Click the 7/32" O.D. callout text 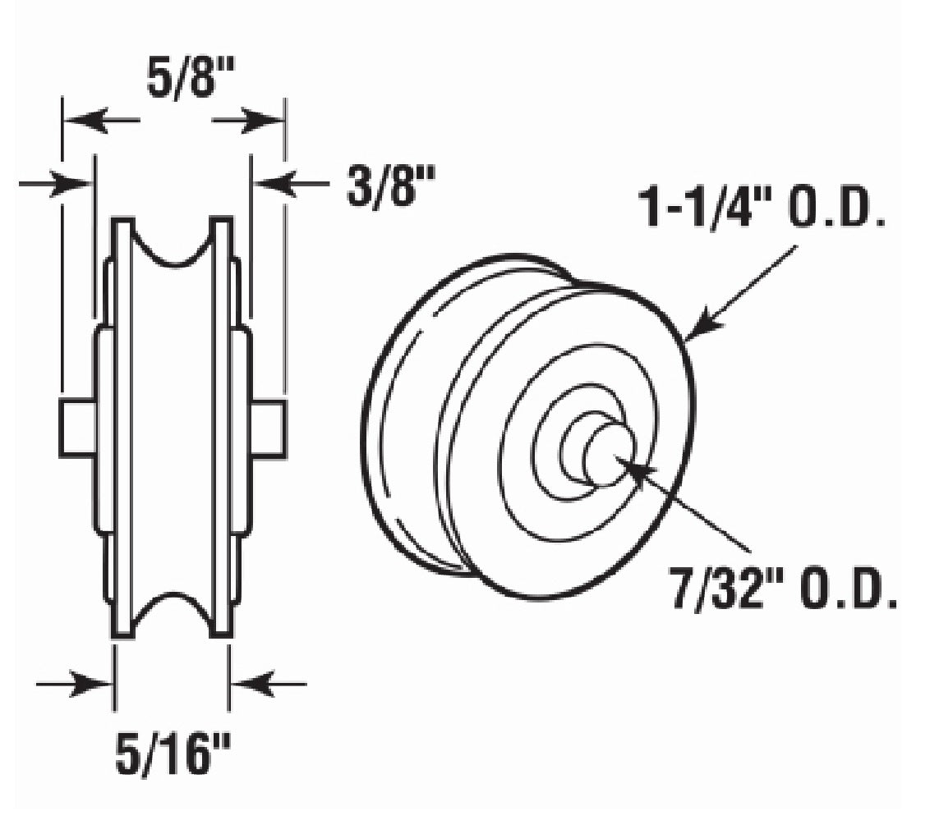coord(783,590)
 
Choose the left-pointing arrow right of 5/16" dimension coord(251,683)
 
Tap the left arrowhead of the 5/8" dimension coord(82,122)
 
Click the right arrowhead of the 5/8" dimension coord(266,122)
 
